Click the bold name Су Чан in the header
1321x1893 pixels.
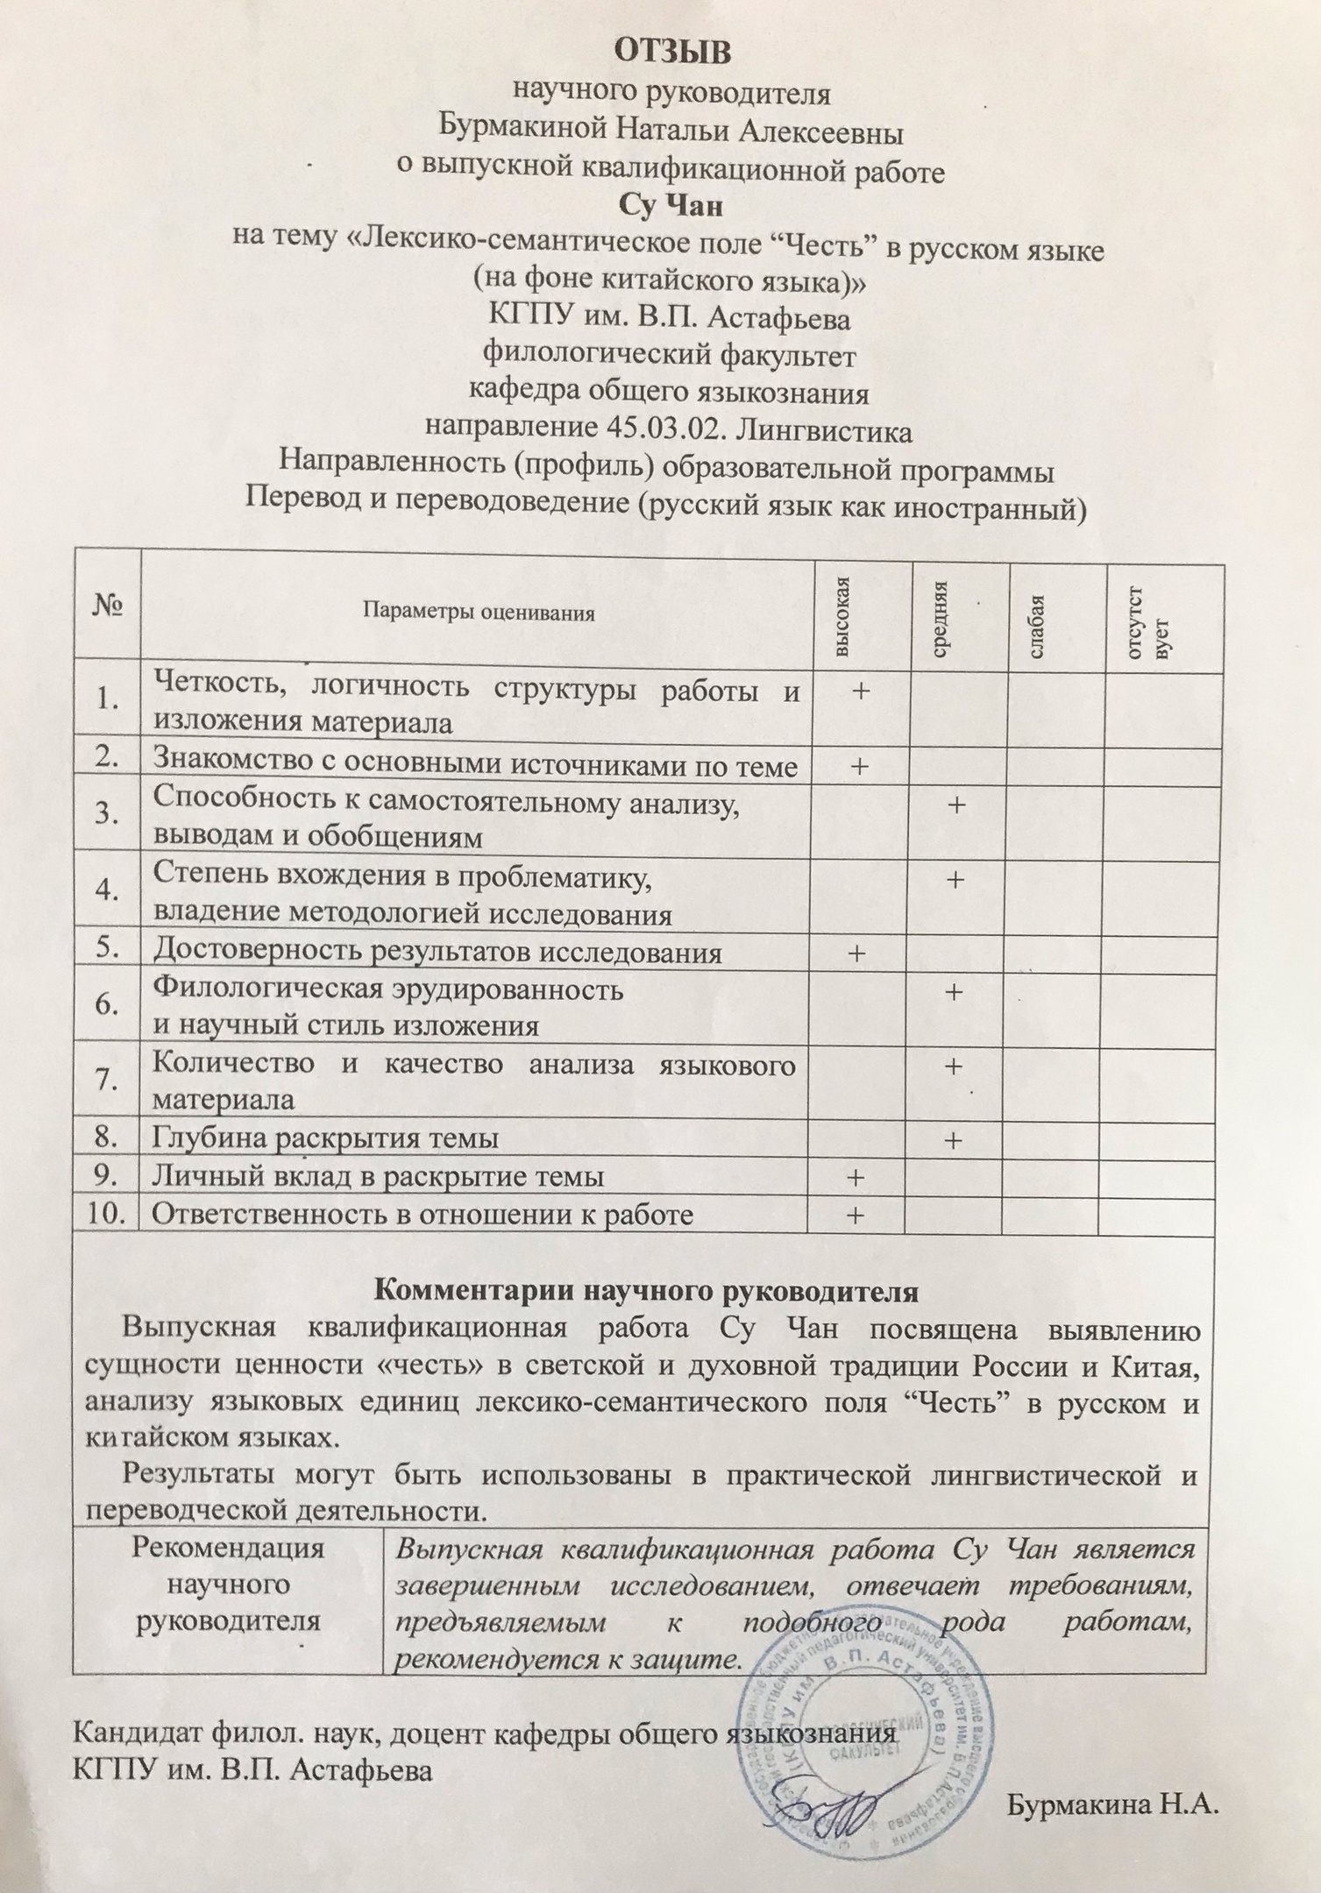[x=671, y=207]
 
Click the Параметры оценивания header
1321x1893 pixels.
[x=479, y=613]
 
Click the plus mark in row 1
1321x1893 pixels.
[x=861, y=691]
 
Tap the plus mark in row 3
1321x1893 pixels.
[x=956, y=803]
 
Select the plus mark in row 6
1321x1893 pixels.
[x=955, y=991]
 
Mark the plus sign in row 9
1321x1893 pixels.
[x=855, y=1176]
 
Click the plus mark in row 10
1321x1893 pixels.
[x=855, y=1215]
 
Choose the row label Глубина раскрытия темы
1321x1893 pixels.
[x=325, y=1138]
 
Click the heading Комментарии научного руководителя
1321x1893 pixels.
[x=646, y=1292]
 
